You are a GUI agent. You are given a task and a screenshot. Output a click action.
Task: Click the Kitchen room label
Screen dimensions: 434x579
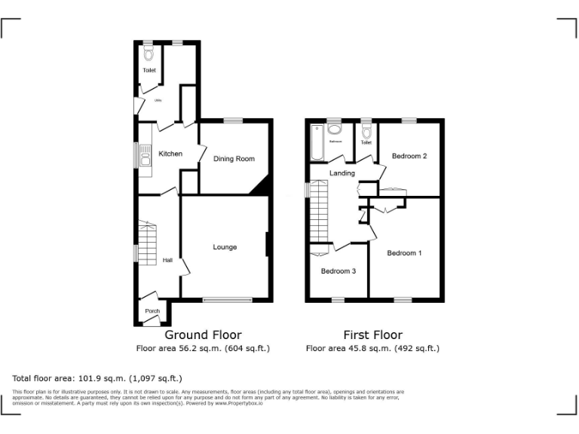(170, 154)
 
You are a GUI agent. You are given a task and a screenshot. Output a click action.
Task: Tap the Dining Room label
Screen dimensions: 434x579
(234, 159)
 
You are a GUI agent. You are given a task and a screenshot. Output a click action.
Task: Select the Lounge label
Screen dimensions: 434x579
(225, 247)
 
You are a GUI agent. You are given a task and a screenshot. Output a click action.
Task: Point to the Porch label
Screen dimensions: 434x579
(152, 311)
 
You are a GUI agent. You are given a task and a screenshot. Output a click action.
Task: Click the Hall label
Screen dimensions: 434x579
(167, 261)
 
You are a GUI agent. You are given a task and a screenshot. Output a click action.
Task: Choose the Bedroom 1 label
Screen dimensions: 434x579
(404, 253)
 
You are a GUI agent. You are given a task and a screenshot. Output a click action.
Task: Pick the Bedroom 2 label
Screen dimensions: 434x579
(409, 156)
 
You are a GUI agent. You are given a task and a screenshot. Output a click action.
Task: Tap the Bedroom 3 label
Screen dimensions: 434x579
(338, 271)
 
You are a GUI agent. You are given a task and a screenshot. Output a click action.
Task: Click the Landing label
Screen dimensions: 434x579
(342, 173)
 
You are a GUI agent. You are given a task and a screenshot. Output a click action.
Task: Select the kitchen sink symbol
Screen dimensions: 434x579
(145, 158)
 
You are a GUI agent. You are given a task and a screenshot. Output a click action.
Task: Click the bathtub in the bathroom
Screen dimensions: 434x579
(316, 143)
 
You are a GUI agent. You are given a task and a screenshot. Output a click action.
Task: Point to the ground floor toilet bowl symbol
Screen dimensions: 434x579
(149, 53)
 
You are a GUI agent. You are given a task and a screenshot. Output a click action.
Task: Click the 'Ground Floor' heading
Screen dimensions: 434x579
(203, 335)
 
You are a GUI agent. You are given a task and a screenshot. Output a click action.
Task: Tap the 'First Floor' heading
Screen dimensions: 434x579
(372, 335)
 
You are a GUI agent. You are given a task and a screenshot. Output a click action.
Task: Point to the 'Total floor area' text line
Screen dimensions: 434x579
(97, 378)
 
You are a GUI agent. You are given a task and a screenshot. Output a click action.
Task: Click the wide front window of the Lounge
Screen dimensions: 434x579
(227, 300)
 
